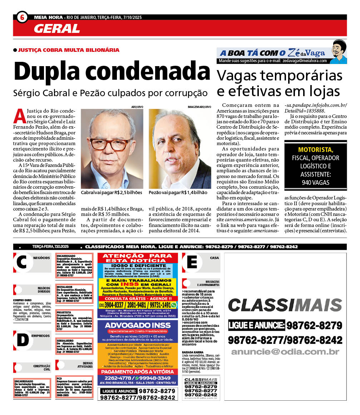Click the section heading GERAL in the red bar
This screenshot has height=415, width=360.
[57, 28]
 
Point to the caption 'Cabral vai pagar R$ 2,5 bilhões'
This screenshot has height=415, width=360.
[112, 192]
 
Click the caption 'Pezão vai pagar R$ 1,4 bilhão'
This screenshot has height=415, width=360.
[178, 192]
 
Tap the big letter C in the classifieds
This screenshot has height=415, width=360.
[21, 263]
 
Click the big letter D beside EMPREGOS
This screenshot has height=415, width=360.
[22, 340]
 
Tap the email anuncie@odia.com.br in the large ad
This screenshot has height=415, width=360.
[285, 352]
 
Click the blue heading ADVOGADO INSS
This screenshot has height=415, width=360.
[138, 326]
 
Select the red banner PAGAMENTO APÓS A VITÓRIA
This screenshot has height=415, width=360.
[138, 371]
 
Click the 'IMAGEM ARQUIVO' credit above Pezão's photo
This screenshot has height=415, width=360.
[199, 107]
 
